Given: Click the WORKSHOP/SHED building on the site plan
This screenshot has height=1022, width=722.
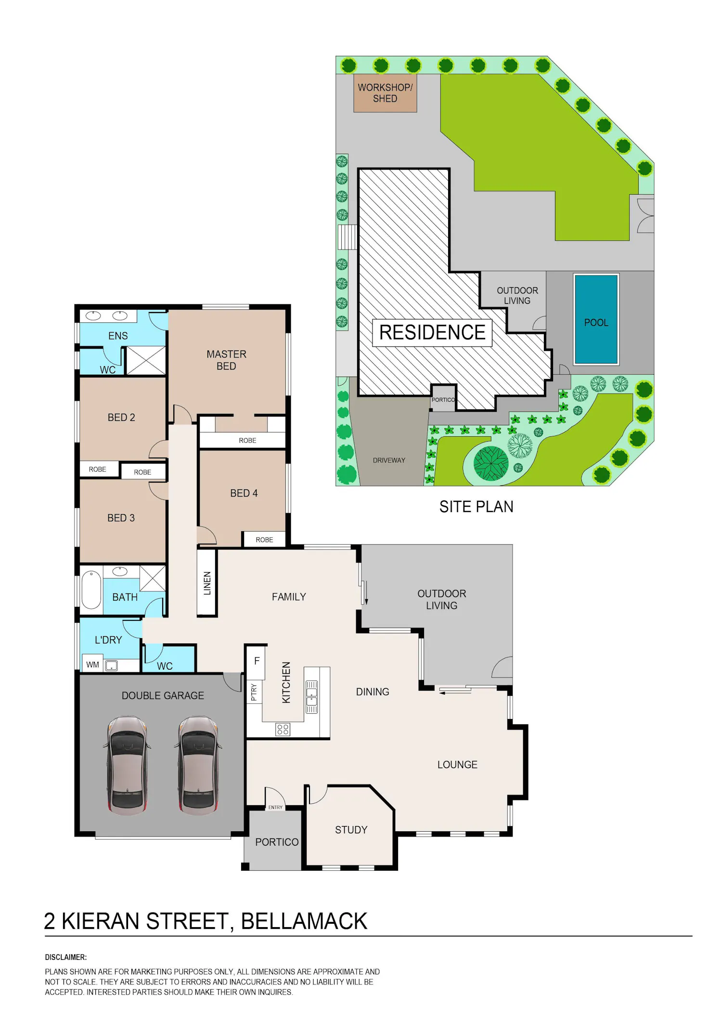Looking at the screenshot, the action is (385, 93).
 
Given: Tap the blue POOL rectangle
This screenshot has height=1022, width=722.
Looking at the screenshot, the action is (596, 319).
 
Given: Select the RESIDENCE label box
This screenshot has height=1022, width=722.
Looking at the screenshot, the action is (432, 333).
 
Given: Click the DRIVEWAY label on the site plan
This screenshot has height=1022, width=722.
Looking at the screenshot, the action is (389, 460).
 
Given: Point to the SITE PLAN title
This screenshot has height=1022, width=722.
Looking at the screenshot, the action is (476, 507).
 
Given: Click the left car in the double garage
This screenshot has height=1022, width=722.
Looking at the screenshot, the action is (127, 766).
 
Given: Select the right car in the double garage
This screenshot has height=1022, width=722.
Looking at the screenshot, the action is (198, 766).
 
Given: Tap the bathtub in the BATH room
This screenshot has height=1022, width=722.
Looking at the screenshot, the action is (91, 590).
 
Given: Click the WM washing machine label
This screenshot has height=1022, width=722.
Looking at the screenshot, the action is (92, 665).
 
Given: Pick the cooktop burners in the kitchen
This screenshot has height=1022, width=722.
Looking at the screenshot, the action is (283, 729).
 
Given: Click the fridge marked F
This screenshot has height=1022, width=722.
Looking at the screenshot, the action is (257, 661).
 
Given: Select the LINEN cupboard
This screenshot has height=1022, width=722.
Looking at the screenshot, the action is (207, 583).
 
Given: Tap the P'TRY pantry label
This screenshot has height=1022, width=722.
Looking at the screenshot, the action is (254, 692).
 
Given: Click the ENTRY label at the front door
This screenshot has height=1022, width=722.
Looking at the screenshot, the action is (275, 807).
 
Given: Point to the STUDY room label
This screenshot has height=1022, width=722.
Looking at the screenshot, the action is (351, 830).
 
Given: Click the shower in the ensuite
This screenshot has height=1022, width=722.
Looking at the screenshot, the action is (146, 360).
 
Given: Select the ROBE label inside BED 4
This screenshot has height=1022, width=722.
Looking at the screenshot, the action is (264, 540).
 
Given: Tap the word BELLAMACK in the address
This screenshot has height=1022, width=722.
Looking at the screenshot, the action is (304, 921).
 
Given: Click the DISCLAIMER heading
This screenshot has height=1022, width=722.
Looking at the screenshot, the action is (66, 957).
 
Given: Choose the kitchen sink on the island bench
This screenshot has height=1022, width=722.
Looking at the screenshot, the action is (312, 697).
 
